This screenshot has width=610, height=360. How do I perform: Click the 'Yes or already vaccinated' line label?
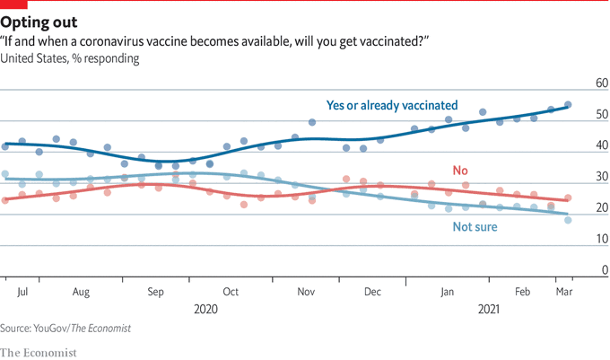point(392,104)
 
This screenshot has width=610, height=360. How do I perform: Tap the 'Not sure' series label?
point(475,227)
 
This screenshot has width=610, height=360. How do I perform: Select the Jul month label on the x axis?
point(22,292)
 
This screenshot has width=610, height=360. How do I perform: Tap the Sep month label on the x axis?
point(155,292)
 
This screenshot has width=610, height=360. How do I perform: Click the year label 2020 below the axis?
point(205,309)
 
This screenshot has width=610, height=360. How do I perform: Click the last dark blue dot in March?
point(568,105)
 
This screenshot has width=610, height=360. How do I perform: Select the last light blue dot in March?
point(568,220)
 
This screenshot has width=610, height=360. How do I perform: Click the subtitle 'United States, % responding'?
point(69,58)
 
